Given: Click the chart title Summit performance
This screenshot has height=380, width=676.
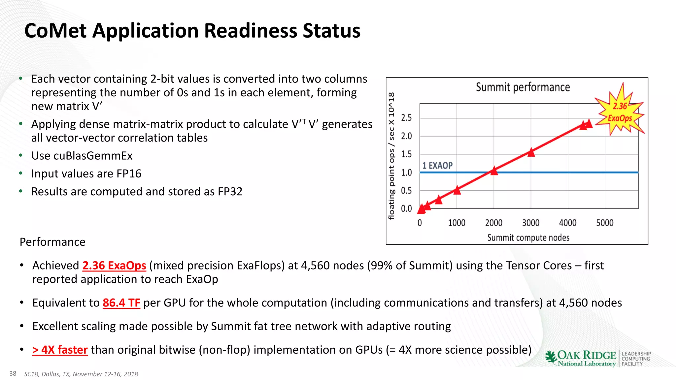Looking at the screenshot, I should (x=523, y=87).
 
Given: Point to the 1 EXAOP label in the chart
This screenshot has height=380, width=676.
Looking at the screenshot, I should (x=437, y=165).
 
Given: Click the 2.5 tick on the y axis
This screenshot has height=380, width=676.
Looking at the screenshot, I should (x=406, y=118).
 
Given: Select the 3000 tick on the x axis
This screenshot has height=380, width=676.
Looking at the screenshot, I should (x=530, y=223).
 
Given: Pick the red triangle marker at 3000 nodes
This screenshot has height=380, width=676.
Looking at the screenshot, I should (x=531, y=152).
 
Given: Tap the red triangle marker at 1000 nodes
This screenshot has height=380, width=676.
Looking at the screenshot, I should (x=457, y=190).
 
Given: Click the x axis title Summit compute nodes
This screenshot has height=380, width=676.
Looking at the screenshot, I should (x=528, y=237).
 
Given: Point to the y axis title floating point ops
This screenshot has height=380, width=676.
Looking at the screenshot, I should (x=391, y=156).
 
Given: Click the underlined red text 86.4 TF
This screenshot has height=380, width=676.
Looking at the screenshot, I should (x=121, y=303).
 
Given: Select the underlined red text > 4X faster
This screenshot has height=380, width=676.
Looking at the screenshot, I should (x=60, y=350).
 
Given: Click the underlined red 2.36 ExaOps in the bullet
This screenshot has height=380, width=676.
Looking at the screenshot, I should (x=114, y=266).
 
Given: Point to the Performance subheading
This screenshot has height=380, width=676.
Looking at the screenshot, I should (x=52, y=242).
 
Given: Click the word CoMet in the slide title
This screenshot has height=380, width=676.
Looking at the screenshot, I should (x=55, y=31).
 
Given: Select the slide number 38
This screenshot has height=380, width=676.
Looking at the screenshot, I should (x=13, y=373).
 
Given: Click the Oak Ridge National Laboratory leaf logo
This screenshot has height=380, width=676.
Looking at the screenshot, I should (x=551, y=357).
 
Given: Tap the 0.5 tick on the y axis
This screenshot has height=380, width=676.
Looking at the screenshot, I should (x=406, y=191).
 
